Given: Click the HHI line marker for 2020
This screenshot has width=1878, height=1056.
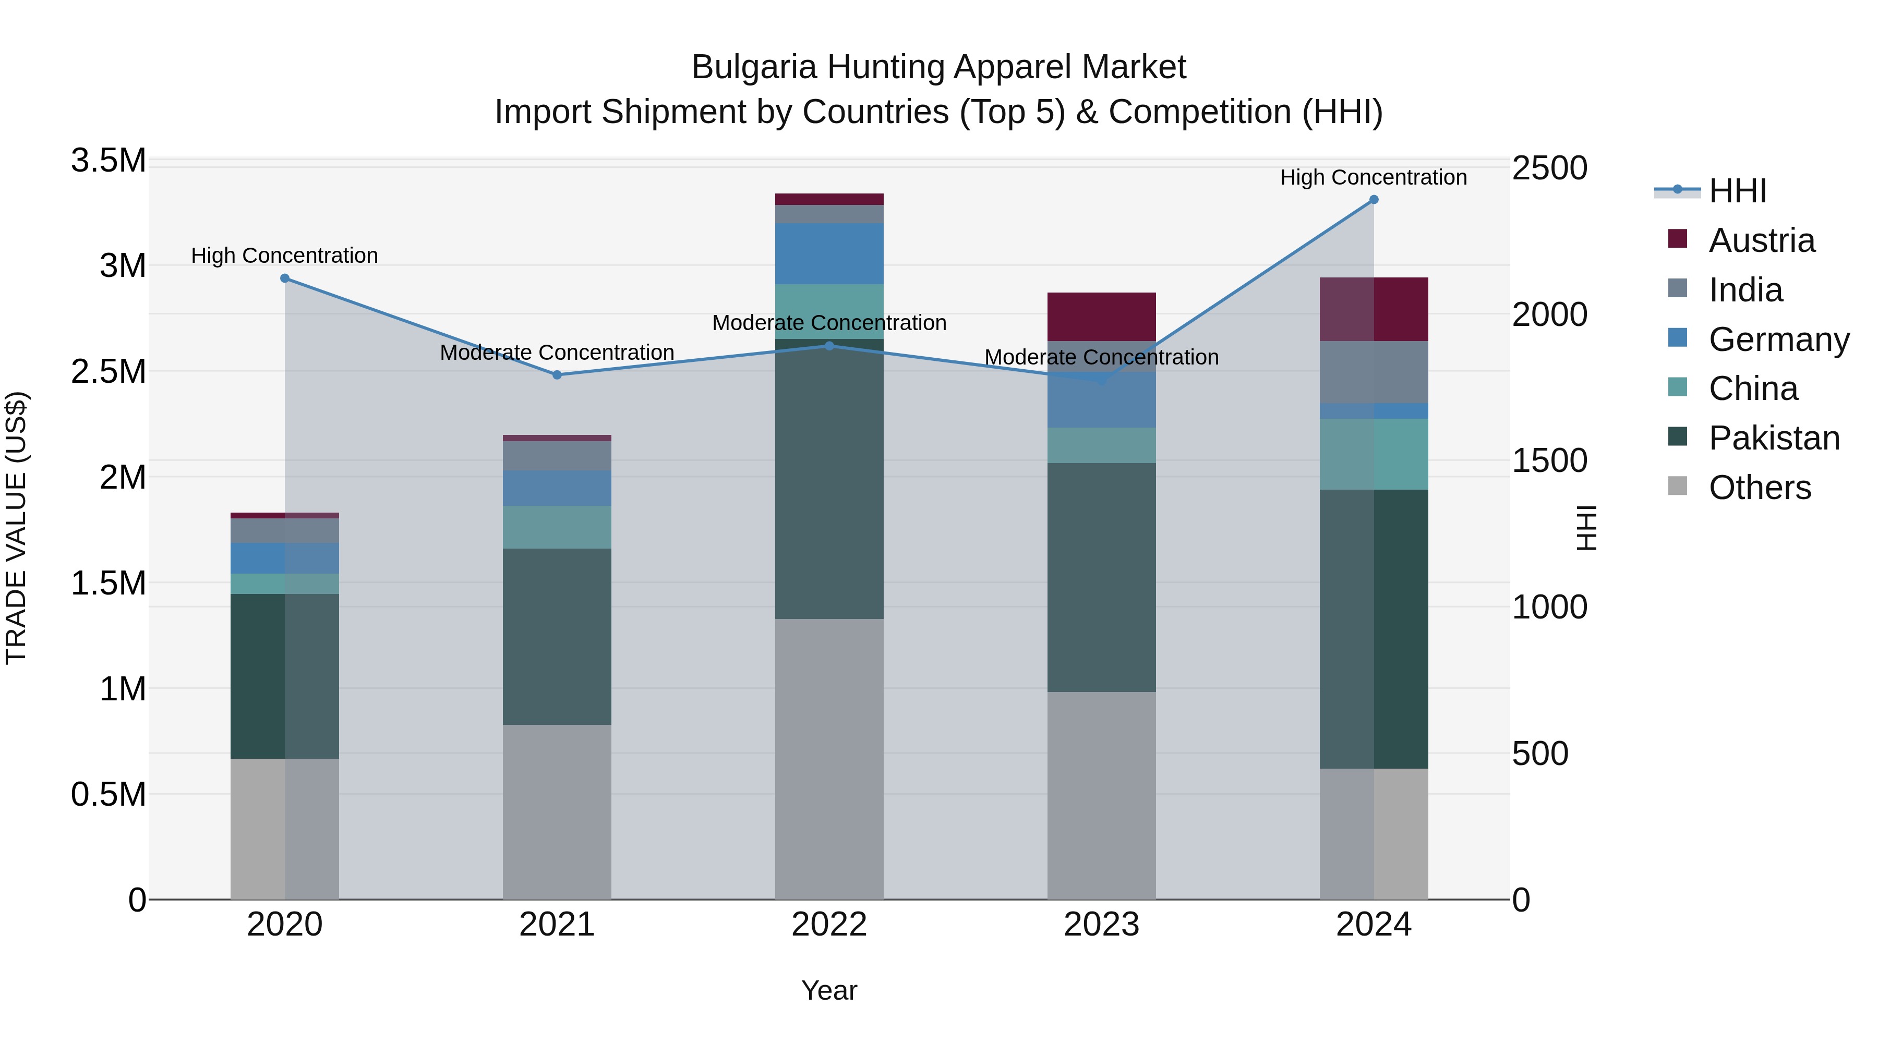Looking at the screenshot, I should point(285,278).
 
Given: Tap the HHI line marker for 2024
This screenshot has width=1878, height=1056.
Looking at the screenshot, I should point(1374,200).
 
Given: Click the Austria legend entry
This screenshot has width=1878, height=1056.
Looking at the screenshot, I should point(1761,240).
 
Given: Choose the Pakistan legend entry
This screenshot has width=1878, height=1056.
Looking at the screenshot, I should point(1774,438).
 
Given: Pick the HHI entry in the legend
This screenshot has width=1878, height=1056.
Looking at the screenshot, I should point(1737,191).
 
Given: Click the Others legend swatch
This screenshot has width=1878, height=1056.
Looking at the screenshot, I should point(1678,486).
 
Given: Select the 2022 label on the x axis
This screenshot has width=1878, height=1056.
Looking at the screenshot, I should point(829,925).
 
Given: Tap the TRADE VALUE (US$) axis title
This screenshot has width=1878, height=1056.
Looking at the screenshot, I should point(16,528).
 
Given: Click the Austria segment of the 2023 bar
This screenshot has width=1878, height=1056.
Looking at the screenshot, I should point(1102,317).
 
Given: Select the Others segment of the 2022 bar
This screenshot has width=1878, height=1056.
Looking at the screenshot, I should point(829,759).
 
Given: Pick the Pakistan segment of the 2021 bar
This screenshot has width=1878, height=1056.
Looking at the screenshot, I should point(557,636).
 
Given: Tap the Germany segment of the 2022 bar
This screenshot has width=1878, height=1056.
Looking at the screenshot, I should point(829,253).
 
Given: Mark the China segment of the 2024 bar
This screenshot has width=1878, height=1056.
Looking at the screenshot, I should point(1374,454).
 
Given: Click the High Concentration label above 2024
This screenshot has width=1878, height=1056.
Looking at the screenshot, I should point(1374,177).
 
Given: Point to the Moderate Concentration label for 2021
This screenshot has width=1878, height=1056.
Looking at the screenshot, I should point(557,353).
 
